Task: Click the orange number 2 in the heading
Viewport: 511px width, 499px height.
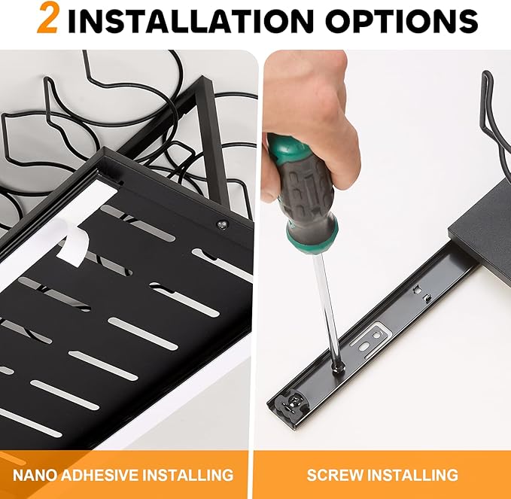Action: coord(48,18)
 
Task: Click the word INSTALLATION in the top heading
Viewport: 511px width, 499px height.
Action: coord(190,20)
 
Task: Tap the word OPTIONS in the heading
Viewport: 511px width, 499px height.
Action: coord(401,20)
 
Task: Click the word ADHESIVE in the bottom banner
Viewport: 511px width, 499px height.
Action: coord(100,475)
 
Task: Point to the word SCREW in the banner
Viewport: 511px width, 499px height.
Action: coord(335,475)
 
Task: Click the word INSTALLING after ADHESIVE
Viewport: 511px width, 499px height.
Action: coord(188,475)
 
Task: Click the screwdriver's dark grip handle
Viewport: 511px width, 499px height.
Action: coord(306,192)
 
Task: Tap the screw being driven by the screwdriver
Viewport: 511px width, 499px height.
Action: coord(338,367)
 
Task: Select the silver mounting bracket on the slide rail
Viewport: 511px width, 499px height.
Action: coord(370,341)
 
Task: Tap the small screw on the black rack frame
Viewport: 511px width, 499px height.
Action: coord(223,224)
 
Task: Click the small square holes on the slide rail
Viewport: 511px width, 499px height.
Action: coord(421,293)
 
